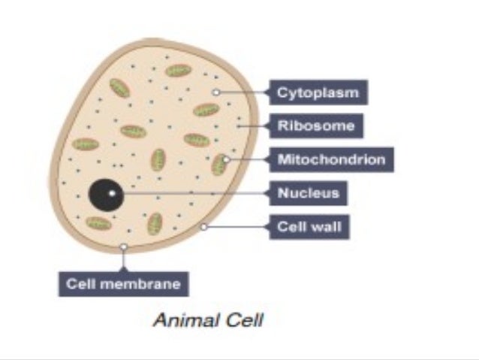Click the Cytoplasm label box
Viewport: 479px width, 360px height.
coord(318,93)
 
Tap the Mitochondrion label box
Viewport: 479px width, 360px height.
coord(331,159)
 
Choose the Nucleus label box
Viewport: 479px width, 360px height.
coord(309,193)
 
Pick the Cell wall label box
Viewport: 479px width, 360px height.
coord(309,225)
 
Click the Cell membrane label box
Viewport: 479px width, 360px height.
coord(124,284)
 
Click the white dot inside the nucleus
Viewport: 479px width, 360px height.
coord(111,193)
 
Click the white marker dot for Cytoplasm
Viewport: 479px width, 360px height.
coord(215,92)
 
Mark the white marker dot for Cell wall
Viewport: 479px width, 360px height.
coord(204,225)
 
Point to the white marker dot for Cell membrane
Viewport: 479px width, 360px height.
coord(124,246)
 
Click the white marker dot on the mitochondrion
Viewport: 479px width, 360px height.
coord(226,159)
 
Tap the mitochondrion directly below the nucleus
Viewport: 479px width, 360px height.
coord(98,223)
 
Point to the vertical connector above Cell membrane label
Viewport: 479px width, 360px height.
coord(124,259)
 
